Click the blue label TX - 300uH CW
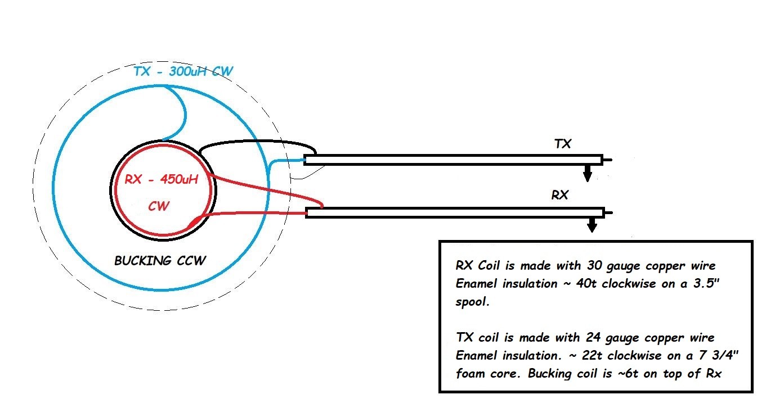coord(183,72)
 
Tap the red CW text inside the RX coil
coord(159,206)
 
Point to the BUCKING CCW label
coord(160,261)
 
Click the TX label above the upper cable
coord(563,144)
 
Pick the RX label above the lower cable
coord(560,196)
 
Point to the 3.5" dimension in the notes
coord(707,283)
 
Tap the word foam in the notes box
coord(471,374)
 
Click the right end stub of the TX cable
coord(607,160)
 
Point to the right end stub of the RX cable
coord(608,212)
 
